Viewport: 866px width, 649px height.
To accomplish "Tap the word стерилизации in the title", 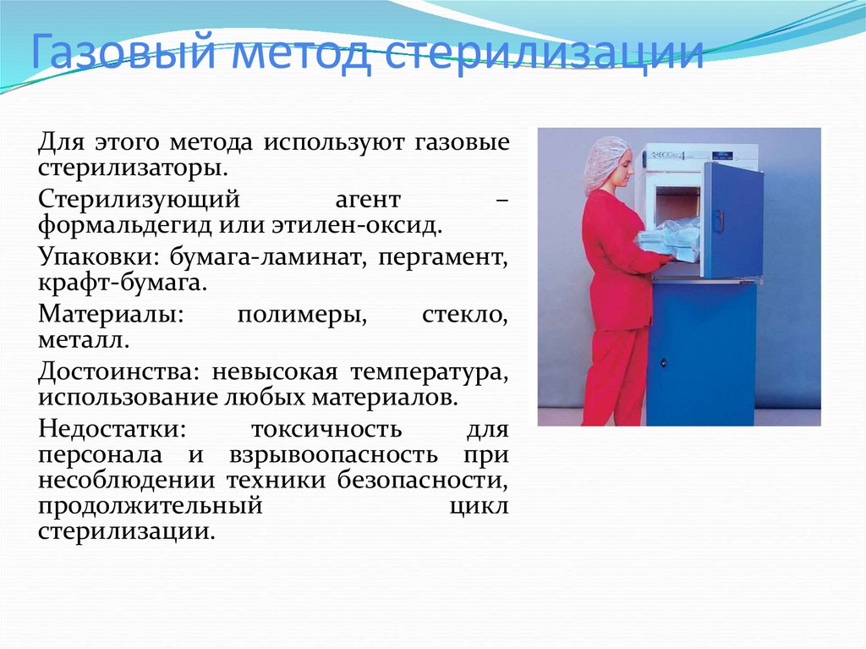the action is pyautogui.click(x=544, y=52).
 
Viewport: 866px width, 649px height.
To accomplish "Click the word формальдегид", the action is pyautogui.click(x=125, y=226).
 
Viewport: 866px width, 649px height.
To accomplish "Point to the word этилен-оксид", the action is pyautogui.click(x=358, y=226).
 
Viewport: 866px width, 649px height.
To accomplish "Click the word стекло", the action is pyautogui.click(x=465, y=315).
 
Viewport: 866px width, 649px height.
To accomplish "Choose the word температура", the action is pyautogui.click(x=429, y=372).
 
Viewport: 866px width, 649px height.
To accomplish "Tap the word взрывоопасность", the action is pyautogui.click(x=333, y=456).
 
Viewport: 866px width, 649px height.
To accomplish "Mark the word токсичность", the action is pyautogui.click(x=326, y=430).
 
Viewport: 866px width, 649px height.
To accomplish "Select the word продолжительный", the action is pyautogui.click(x=151, y=506).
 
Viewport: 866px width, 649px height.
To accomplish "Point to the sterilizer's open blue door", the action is pyautogui.click(x=733, y=220).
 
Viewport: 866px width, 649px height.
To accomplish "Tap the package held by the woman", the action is pyautogui.click(x=663, y=242).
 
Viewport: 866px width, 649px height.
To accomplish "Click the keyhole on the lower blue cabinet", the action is pyautogui.click(x=663, y=363).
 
